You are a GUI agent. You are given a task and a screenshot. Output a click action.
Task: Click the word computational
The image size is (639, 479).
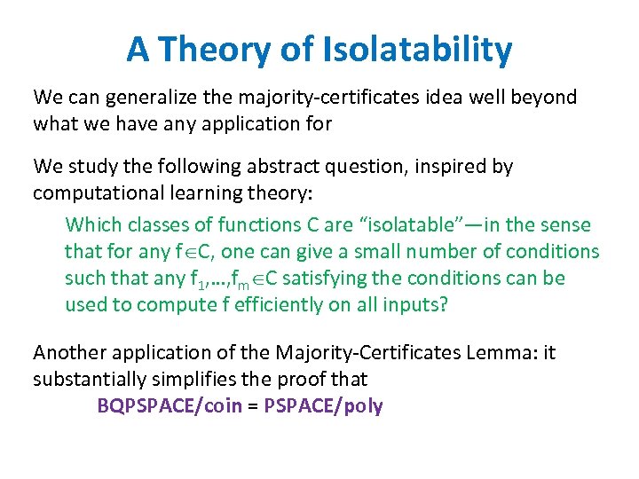click(x=91, y=192)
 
